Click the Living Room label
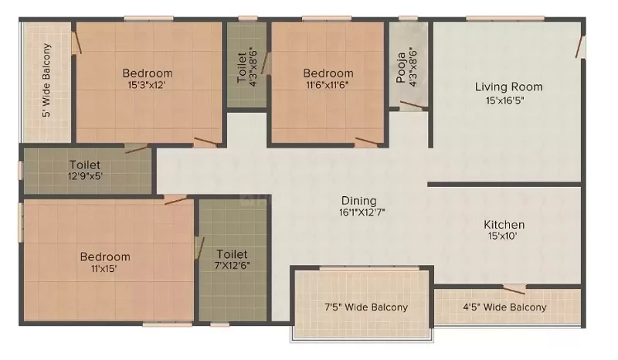(508, 87)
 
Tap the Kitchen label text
(504, 225)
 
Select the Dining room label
(358, 201)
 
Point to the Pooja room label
(401, 67)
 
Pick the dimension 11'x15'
(104, 269)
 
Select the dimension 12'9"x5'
(85, 175)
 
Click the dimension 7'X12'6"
(233, 266)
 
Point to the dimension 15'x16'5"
(505, 100)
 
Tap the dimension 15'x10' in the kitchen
(503, 236)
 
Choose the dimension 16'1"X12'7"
(362, 212)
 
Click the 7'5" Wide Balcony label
(366, 307)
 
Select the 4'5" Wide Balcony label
(505, 307)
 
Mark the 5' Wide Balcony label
(46, 80)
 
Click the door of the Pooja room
(413, 104)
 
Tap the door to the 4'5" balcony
(514, 290)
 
